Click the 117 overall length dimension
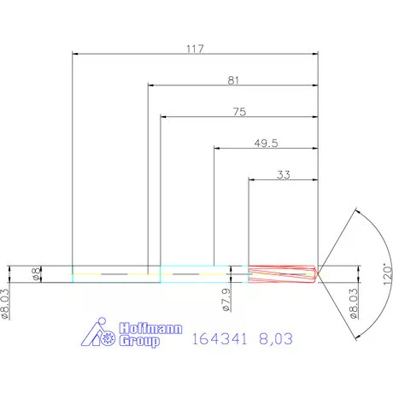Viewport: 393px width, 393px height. click(x=194, y=49)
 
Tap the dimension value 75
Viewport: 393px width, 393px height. click(x=240, y=111)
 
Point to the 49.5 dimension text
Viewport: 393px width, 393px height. click(x=266, y=143)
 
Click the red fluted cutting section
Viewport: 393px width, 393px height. click(x=282, y=274)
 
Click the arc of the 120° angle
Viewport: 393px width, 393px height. click(x=372, y=239)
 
